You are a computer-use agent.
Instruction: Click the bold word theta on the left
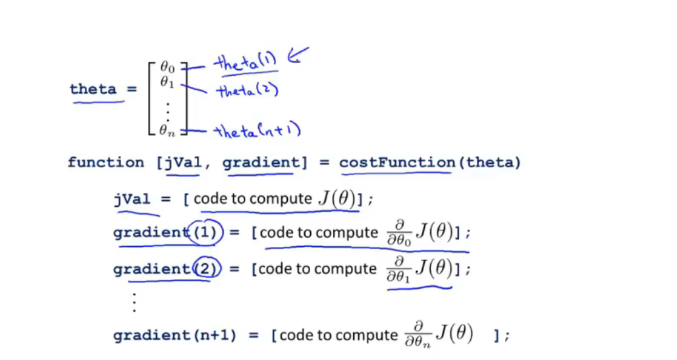click(x=94, y=90)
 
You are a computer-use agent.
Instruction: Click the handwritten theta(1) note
click(x=246, y=63)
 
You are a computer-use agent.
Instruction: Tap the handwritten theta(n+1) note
click(x=257, y=132)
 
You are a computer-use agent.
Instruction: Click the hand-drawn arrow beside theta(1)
click(x=298, y=57)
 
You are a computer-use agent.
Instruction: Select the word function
click(x=105, y=163)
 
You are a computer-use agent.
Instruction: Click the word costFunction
click(x=397, y=163)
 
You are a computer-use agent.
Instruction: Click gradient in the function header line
click(x=257, y=163)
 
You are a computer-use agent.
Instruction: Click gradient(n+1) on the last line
click(x=175, y=336)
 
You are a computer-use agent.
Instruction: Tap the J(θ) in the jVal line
click(x=336, y=199)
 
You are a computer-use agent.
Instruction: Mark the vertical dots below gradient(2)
click(x=134, y=301)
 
